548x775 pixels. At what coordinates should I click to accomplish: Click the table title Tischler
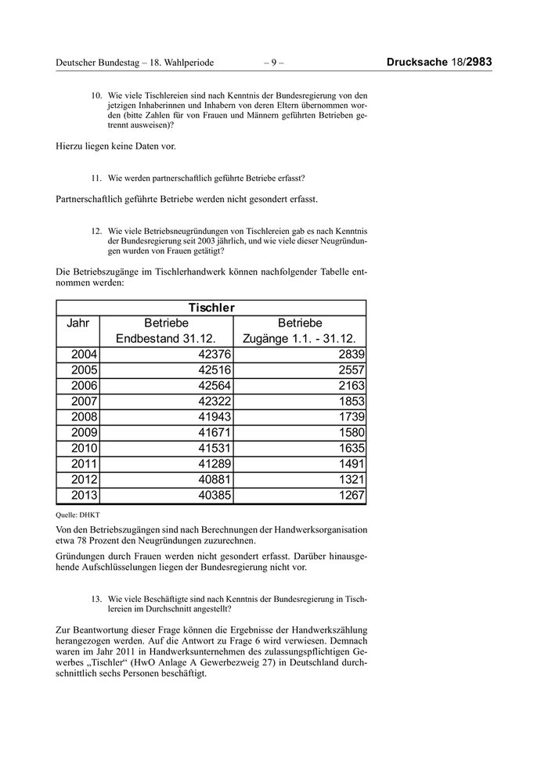click(211, 308)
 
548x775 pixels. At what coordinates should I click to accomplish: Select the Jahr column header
click(78, 323)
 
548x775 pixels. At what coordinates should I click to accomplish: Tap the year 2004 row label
click(84, 355)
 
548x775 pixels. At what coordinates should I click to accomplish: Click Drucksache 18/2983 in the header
click(439, 62)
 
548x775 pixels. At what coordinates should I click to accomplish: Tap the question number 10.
click(97, 96)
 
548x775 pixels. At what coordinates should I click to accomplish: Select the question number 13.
click(97, 598)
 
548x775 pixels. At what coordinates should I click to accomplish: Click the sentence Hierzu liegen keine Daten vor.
click(116, 146)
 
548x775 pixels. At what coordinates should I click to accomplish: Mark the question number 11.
click(97, 178)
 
